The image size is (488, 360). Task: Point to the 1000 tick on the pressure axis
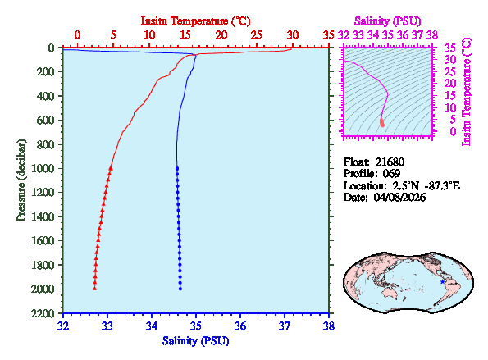(x=44, y=168)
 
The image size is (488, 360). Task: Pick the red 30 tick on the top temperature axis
(x=293, y=34)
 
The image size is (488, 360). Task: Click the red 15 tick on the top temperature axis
(x=185, y=34)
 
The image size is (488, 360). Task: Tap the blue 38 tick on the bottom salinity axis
(x=329, y=325)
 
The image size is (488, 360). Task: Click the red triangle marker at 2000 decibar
(x=95, y=288)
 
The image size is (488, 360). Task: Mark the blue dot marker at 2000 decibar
(x=180, y=288)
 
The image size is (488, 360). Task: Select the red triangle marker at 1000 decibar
(x=111, y=167)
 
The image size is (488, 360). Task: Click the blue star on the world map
(x=444, y=281)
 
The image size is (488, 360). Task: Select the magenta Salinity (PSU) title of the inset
(x=390, y=20)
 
